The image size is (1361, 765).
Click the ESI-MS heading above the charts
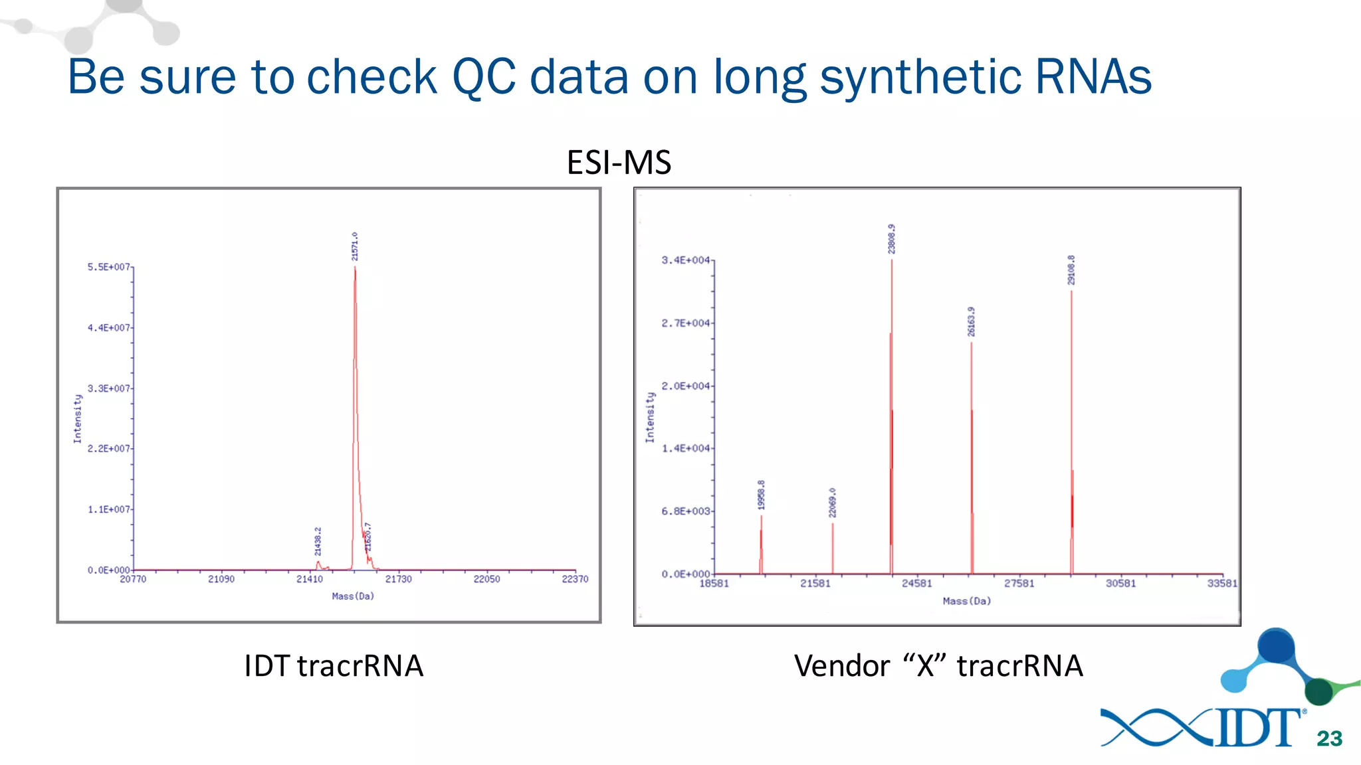coord(619,162)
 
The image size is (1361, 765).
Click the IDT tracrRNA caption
coord(334,665)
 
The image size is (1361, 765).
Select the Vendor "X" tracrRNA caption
coord(938,665)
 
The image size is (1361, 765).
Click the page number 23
coord(1329,738)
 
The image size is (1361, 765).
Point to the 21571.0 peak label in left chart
coord(355,246)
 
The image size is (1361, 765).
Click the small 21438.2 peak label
coord(318,541)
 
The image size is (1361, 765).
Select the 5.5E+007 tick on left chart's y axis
coord(108,267)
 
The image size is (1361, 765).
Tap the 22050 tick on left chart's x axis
coord(486,579)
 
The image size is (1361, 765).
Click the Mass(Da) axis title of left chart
coord(353,596)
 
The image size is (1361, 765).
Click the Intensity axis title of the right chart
coord(650,417)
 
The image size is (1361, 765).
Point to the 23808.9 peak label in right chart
coord(892,238)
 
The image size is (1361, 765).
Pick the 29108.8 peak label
coord(1071,270)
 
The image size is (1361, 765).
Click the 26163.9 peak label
coord(971,321)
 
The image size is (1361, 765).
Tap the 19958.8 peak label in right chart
coord(762,495)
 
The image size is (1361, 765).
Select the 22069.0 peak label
coord(832,503)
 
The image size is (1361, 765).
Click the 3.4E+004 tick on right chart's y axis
coord(685,260)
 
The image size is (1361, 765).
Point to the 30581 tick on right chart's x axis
coord(1120,583)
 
